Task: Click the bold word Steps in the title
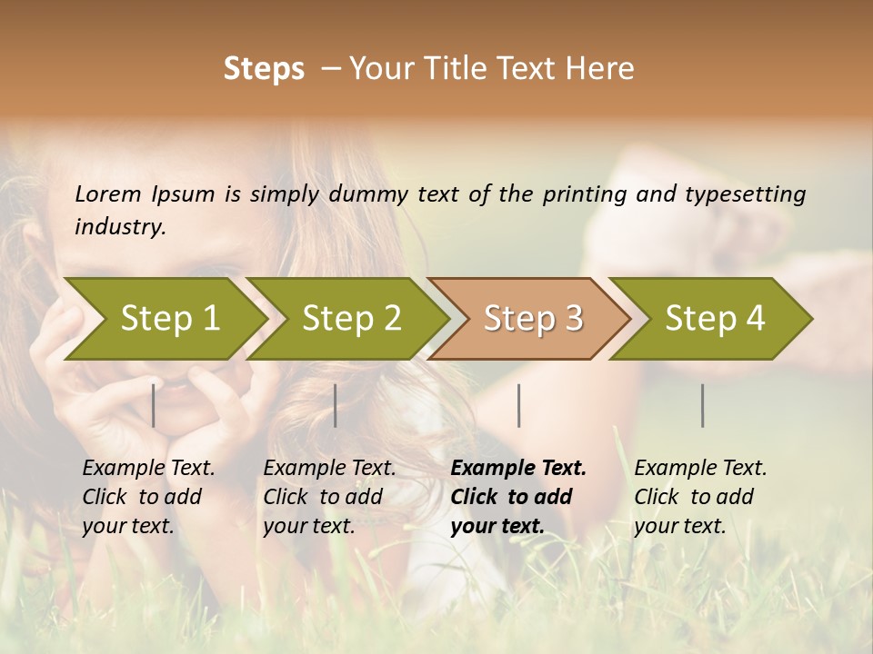(264, 69)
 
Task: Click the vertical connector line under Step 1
(154, 405)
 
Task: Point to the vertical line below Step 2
(336, 405)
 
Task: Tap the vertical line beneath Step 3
(518, 405)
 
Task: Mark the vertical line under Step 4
(702, 405)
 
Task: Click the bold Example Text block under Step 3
(518, 497)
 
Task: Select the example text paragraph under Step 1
(148, 497)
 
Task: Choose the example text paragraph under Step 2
(329, 497)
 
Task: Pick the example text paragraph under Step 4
(700, 497)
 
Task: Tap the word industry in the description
(120, 227)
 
